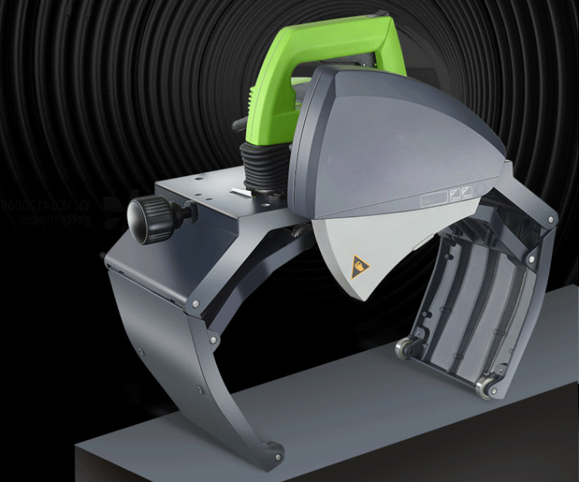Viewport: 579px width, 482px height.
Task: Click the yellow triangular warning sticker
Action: [x=360, y=266]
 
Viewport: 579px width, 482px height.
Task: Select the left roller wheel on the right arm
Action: [x=404, y=350]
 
